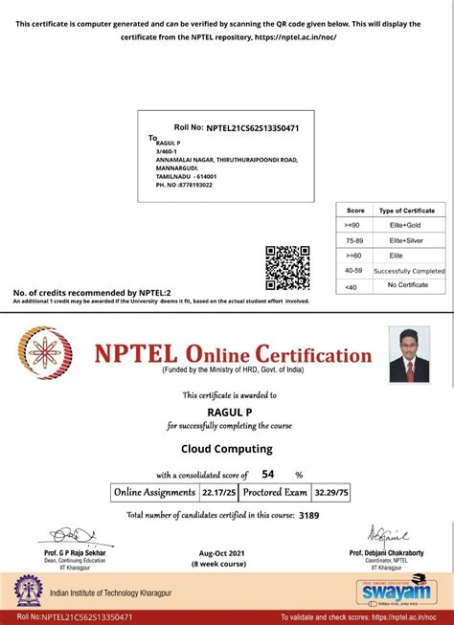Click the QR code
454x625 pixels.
286,267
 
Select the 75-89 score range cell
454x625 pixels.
355,239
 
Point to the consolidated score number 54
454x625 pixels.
268,474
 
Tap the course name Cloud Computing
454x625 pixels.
227,448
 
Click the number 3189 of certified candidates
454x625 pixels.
308,515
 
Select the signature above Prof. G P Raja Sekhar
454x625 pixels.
73,534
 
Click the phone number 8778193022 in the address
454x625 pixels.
191,185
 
